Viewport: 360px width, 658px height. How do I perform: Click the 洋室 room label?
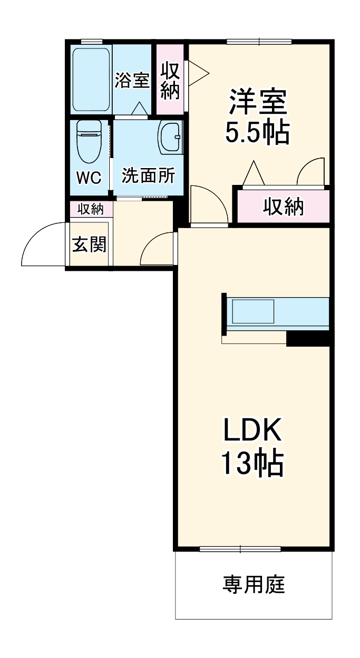(258, 103)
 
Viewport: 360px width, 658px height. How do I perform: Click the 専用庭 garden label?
(254, 584)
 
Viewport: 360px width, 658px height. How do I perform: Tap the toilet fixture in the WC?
(90, 141)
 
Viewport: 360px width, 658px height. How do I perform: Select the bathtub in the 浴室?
(91, 79)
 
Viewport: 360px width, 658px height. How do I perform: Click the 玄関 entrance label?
(89, 244)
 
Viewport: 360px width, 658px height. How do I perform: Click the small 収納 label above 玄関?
(91, 209)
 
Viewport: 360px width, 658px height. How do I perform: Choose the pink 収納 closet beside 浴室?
(170, 80)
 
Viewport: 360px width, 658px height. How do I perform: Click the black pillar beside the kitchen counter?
(308, 338)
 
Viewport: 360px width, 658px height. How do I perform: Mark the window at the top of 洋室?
(259, 42)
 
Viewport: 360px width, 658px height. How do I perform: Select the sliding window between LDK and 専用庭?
(240, 549)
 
